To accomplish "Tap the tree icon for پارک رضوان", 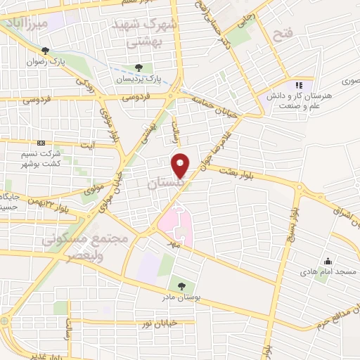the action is coord(46,51).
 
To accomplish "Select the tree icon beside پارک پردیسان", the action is coord(139,67).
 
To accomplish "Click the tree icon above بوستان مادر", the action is coord(182,285).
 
